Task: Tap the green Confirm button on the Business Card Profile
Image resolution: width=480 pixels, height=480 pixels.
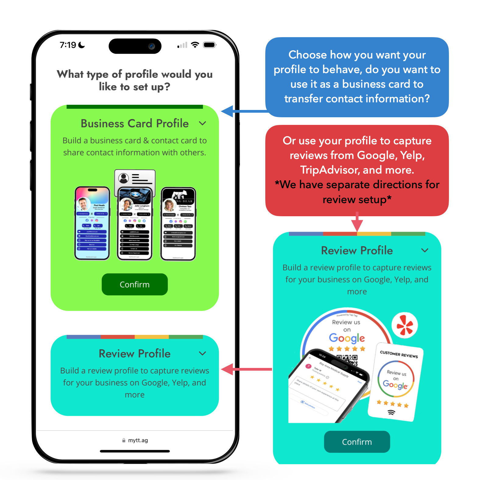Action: [x=135, y=284]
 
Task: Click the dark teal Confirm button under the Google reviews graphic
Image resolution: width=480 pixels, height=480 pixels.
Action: [x=357, y=442]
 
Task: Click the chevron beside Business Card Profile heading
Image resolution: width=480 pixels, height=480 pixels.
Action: [x=203, y=123]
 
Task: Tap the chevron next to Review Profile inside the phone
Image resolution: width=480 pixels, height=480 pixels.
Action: [x=203, y=353]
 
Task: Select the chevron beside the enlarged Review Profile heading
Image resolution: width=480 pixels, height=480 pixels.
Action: [x=425, y=250]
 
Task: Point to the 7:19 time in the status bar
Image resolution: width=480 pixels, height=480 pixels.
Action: [x=68, y=45]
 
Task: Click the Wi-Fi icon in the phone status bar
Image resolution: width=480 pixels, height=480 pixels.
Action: [x=195, y=45]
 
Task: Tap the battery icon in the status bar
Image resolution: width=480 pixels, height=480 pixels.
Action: [x=210, y=45]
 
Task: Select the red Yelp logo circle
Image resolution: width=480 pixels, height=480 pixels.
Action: [x=404, y=325]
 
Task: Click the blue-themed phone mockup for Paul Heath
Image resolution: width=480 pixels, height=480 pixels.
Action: [x=92, y=223]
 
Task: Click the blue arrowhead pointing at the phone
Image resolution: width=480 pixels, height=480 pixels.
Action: [x=227, y=111]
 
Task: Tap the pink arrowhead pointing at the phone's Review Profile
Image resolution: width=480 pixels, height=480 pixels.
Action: [x=227, y=369]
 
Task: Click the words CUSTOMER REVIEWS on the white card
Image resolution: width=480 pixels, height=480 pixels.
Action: [x=399, y=354]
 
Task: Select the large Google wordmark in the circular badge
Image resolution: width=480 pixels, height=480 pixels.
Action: [x=347, y=338]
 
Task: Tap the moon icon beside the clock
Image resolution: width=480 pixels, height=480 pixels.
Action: [x=82, y=45]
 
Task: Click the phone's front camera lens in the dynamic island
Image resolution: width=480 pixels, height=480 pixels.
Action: [x=151, y=46]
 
